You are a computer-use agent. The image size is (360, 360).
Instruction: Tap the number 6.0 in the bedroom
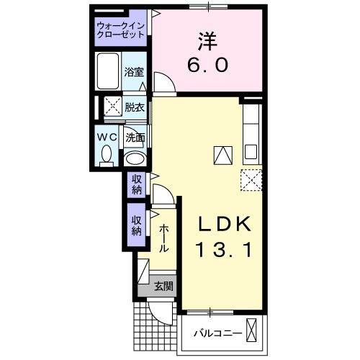209,65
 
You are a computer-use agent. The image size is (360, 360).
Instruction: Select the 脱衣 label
133,107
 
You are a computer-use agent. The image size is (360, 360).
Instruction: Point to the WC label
107,136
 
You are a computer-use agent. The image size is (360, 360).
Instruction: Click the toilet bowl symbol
107,155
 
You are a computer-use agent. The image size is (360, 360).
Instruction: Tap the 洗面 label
135,136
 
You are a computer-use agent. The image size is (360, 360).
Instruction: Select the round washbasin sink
134,159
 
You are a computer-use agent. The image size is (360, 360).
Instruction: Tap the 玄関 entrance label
163,286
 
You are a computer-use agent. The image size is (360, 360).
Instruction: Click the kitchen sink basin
251,152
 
